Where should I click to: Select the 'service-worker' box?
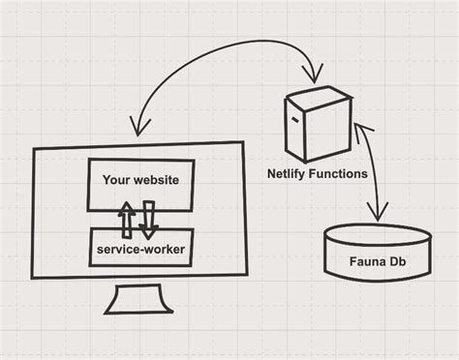[x=140, y=250]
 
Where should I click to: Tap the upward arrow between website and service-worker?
[x=127, y=220]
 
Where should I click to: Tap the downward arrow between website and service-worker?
[x=149, y=220]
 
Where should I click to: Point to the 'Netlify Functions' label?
[x=318, y=174]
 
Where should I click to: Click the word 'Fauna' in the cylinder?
[x=363, y=262]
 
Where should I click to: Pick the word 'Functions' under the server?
[x=338, y=174]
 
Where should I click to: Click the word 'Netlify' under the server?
[x=288, y=174]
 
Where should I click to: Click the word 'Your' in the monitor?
[x=117, y=178]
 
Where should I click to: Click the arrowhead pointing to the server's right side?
[x=360, y=130]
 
